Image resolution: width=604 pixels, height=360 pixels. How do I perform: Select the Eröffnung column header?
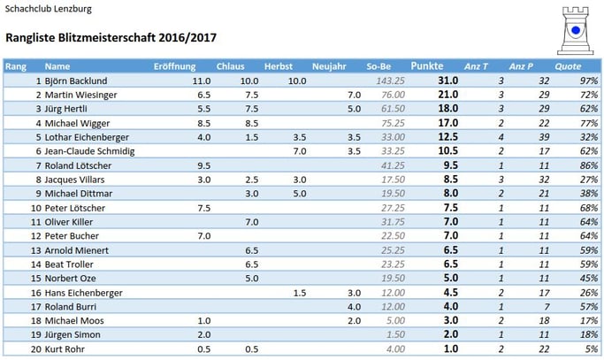point(175,66)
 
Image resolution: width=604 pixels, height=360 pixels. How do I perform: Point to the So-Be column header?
point(378,66)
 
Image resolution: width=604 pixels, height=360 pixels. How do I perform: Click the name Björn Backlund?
point(76,80)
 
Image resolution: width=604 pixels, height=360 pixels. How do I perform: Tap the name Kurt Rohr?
point(65,349)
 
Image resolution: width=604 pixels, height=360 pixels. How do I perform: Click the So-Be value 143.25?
point(390,80)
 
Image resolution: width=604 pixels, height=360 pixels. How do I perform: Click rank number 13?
point(36,250)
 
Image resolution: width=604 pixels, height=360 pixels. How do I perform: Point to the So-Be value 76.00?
point(392,95)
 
